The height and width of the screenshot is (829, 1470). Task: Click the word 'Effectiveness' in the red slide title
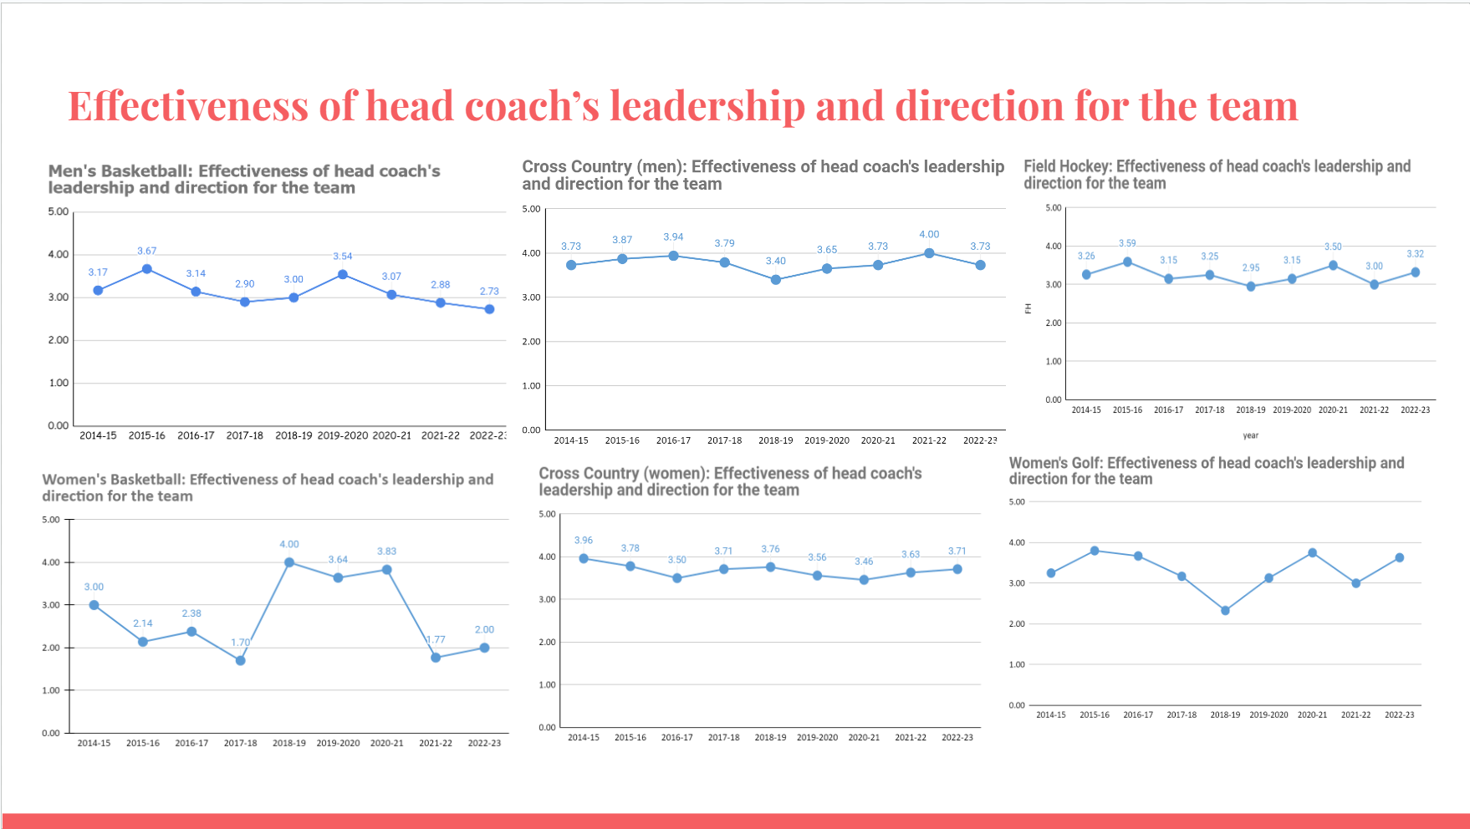[187, 106]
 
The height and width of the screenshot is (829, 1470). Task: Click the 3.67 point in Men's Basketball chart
[147, 269]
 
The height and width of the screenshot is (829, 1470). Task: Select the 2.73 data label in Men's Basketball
[489, 292]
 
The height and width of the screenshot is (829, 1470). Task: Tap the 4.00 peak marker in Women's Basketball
[289, 562]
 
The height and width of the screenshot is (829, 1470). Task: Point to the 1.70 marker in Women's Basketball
[241, 660]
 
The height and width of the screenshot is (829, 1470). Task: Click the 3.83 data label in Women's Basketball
[386, 552]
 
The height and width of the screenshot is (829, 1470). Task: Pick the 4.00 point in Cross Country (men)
[929, 253]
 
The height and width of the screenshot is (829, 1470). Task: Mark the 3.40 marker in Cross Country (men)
[776, 280]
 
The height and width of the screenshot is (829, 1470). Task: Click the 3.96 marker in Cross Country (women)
[584, 558]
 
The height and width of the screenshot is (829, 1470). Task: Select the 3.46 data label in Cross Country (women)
[864, 562]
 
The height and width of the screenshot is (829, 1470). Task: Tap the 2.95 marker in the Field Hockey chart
[1251, 287]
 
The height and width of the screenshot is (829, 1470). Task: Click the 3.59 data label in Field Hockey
[1127, 244]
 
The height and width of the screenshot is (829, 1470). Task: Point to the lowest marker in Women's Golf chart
[1225, 611]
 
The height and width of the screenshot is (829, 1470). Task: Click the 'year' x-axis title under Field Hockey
[1250, 435]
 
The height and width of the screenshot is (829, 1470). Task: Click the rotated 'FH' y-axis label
[1028, 308]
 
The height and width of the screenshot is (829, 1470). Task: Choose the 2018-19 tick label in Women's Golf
[1225, 715]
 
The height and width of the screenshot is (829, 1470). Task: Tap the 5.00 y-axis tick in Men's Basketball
[59, 211]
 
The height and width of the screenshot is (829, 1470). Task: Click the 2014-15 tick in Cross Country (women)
[584, 738]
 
